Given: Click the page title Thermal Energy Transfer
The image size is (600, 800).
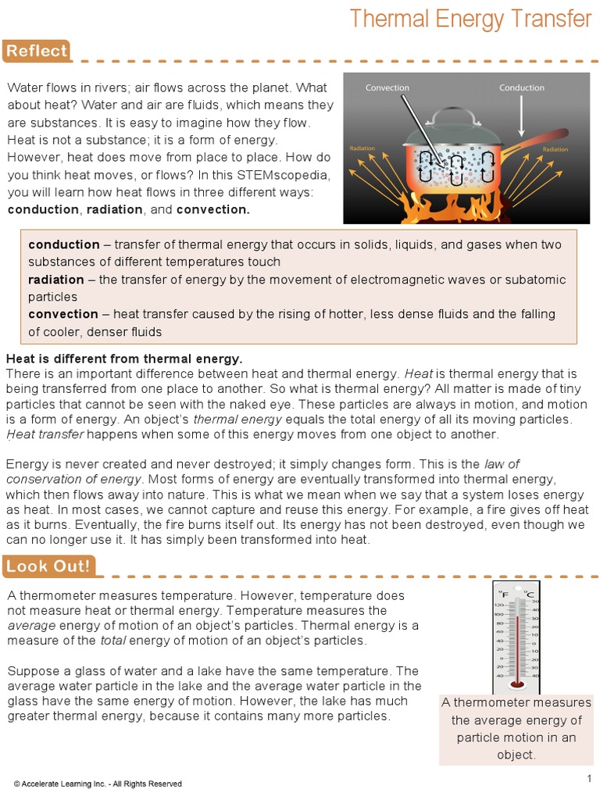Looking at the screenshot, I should [470, 19].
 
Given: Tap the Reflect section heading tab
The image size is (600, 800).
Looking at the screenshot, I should [37, 52].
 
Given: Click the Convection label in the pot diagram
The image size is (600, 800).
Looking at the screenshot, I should [387, 87].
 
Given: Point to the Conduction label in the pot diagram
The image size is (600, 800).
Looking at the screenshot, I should [521, 87].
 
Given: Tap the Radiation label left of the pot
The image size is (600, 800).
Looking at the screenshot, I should [362, 148].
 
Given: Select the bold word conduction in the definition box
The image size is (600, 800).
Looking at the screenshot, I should [64, 245].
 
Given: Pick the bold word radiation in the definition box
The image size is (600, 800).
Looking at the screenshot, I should [56, 280].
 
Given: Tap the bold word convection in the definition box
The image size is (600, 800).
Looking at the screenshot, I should [63, 314].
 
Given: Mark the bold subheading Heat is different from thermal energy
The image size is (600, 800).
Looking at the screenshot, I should [125, 359].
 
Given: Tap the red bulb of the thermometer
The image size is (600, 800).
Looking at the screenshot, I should [516, 684].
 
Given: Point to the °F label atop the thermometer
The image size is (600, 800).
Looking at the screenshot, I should [504, 595].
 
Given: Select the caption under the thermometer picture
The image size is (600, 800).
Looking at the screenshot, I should [516, 728].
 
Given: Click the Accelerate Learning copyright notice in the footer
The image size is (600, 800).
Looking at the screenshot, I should [98, 784].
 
